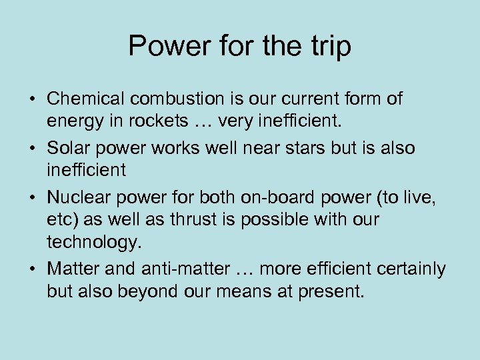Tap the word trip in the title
pyautogui.click(x=327, y=47)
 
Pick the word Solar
pyautogui.click(x=65, y=147)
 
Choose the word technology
pyautogui.click(x=94, y=243)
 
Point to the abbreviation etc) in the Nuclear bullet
pyautogui.click(x=61, y=219)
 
